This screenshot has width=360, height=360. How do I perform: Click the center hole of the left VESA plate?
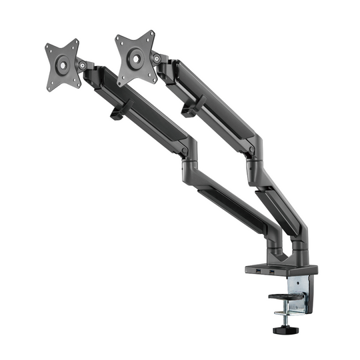pyautogui.click(x=62, y=64)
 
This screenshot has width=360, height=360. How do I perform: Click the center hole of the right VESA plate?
pyautogui.click(x=135, y=58)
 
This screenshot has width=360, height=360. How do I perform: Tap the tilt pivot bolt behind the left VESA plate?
pyautogui.click(x=83, y=65)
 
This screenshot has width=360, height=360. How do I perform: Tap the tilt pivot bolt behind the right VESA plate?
pyautogui.click(x=157, y=59)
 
